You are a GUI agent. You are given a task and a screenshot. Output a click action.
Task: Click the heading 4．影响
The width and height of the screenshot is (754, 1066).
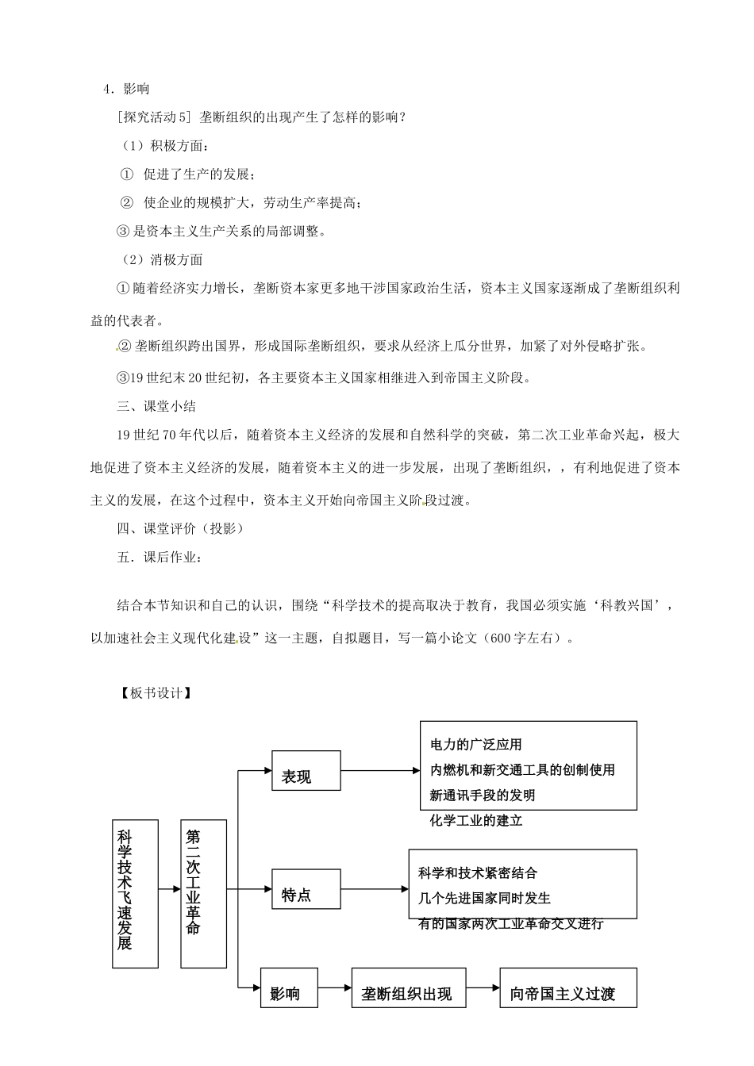[x=126, y=89]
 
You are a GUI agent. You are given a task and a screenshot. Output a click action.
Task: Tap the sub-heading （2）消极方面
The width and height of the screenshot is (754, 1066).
[x=163, y=259]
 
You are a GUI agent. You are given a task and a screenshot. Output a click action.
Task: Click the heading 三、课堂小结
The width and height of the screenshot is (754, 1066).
[x=156, y=406]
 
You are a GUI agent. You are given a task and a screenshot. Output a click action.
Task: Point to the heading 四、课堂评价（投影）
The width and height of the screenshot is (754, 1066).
[x=180, y=528]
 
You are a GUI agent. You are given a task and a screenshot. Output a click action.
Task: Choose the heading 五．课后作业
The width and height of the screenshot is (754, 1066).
[x=160, y=557]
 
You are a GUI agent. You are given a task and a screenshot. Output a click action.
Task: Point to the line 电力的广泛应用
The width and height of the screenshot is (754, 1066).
[x=476, y=745]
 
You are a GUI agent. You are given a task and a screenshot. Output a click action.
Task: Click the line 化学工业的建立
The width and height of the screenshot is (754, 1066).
[x=476, y=821]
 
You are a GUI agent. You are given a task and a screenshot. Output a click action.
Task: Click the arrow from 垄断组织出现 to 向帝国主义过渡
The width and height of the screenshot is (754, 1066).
[x=483, y=988]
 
